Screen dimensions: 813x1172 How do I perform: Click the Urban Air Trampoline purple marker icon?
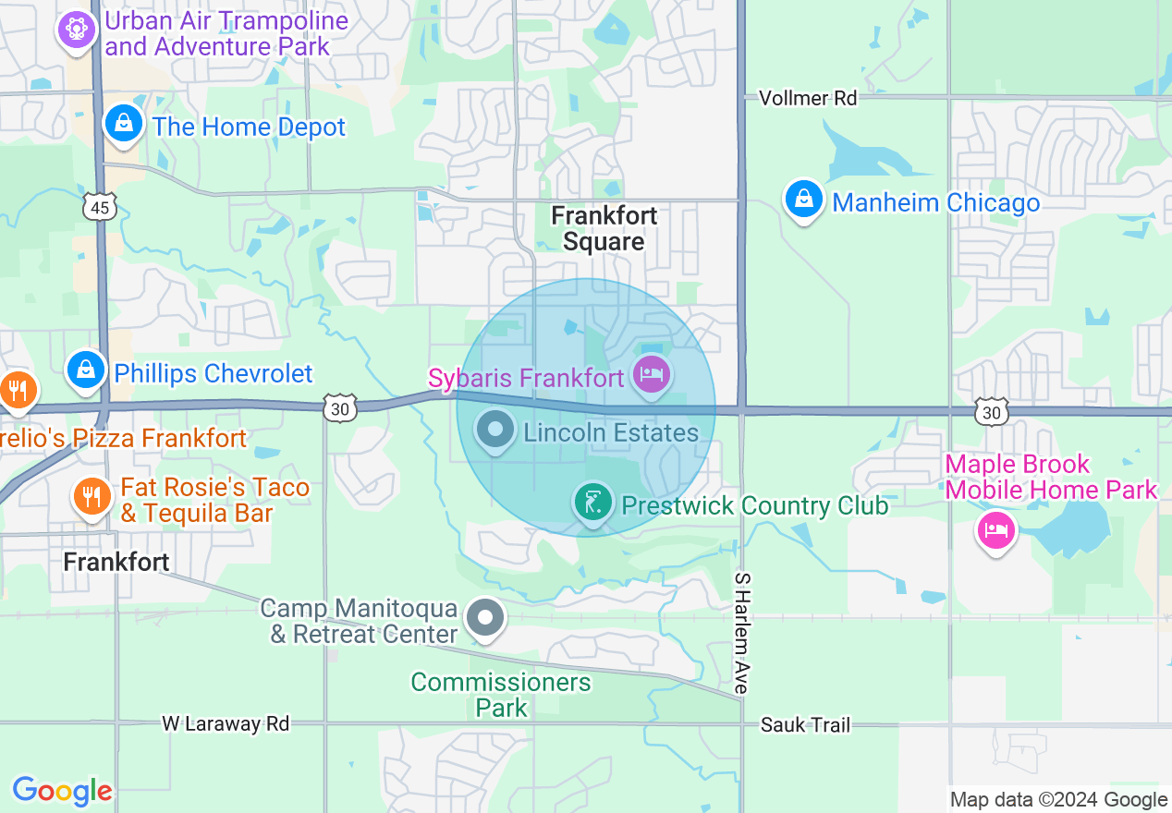[77, 30]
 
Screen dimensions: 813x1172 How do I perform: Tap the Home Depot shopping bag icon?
[122, 124]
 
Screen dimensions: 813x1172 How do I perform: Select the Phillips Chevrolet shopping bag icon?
[86, 370]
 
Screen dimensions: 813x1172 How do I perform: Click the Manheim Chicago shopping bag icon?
[804, 200]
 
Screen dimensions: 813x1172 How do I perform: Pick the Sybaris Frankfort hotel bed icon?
[653, 375]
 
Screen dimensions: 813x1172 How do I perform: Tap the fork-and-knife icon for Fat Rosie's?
[91, 499]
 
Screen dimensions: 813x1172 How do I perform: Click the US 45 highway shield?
[100, 208]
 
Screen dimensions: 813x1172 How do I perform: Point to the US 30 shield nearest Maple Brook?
[991, 412]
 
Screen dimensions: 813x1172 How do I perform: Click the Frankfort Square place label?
[604, 229]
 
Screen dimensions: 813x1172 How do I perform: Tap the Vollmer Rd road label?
[807, 98]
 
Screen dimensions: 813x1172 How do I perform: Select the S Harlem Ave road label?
[740, 632]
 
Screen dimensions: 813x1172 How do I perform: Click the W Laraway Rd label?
[226, 723]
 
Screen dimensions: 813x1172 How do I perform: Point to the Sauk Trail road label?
[805, 725]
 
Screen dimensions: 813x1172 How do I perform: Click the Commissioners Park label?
[501, 695]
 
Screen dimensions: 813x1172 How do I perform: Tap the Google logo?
[62, 791]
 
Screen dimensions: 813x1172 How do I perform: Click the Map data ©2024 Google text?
[1058, 799]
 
